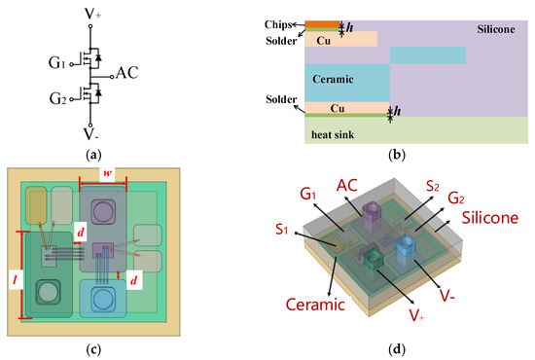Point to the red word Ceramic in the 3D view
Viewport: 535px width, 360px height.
pos(314,305)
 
